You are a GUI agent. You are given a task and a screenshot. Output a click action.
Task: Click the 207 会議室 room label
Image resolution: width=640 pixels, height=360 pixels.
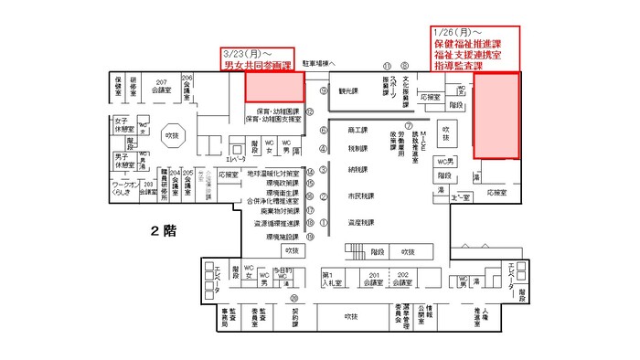(162, 88)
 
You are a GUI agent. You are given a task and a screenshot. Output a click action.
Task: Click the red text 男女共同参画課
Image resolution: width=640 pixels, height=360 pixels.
(257, 66)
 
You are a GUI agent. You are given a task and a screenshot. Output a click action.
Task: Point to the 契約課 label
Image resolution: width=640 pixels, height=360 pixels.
(294, 316)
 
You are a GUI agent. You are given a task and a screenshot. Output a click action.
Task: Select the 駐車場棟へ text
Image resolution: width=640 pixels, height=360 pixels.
(320, 64)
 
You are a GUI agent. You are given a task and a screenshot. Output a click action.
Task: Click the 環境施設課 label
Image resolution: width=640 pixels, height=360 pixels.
(283, 236)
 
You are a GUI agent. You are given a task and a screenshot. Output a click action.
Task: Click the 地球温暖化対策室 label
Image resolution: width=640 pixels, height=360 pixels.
(272, 171)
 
